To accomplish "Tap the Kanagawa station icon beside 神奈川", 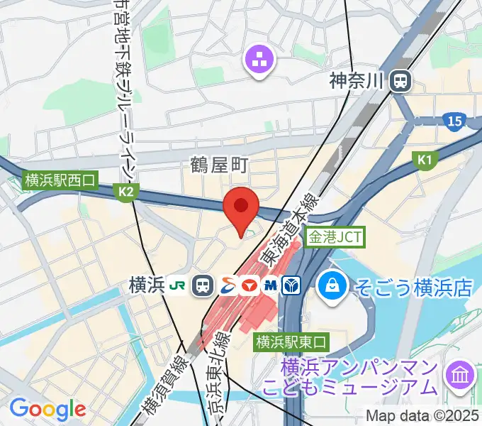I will [x=400, y=80].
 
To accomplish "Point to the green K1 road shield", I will [x=424, y=161].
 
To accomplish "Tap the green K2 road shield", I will [x=126, y=191].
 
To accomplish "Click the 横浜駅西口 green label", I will [x=60, y=180].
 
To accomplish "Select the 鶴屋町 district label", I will [x=219, y=165].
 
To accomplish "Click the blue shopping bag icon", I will [x=331, y=286].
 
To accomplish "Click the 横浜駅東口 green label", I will [x=291, y=342].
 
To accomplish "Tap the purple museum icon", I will [x=460, y=374].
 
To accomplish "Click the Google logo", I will [x=47, y=409].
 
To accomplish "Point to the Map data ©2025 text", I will [x=422, y=416].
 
